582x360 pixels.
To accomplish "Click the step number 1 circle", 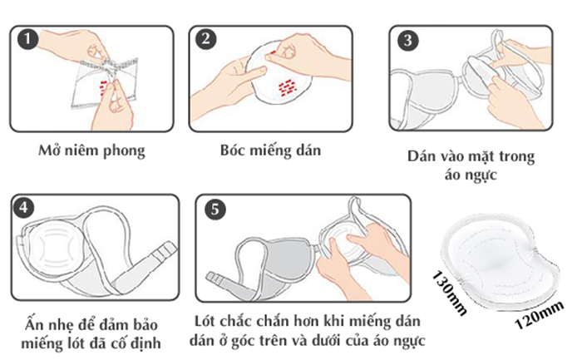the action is coord(28,39).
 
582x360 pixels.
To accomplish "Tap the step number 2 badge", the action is coord(206,39).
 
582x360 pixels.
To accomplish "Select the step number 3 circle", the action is coord(408,40).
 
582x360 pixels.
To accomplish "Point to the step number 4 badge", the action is coord(24,208).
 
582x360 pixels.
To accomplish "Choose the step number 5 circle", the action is coord(215,210).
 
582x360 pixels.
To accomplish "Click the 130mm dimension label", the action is coord(450,293).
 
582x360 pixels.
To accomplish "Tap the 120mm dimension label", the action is coord(540,315).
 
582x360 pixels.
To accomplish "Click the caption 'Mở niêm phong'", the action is coord(91,150).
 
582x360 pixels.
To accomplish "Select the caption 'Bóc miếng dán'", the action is coord(270,150).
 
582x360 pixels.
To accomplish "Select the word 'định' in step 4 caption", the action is coord(145,343).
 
